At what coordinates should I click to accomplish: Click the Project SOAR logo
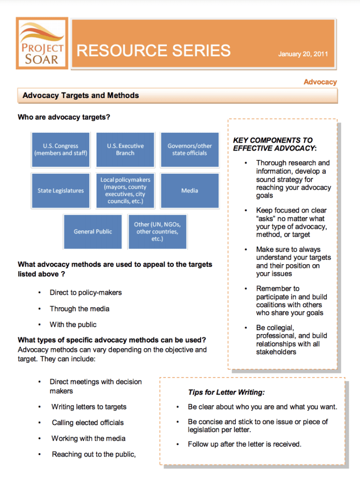(x=42, y=44)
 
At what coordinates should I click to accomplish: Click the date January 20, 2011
(x=303, y=54)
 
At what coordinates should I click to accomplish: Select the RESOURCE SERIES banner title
(x=154, y=50)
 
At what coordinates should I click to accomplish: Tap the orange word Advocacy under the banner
(x=320, y=82)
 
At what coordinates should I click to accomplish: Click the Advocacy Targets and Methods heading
(x=81, y=95)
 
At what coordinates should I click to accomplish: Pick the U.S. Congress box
(x=60, y=150)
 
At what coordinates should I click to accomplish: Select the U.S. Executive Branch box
(x=125, y=150)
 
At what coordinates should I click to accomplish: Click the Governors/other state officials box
(x=189, y=150)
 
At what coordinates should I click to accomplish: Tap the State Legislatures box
(x=60, y=190)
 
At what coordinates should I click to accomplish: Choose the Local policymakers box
(x=125, y=190)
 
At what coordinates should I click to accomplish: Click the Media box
(x=189, y=190)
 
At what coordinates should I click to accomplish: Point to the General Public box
(x=93, y=231)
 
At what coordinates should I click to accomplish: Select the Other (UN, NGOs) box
(x=157, y=231)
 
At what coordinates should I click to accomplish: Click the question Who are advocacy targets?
(x=64, y=117)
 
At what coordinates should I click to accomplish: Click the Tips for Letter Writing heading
(x=226, y=392)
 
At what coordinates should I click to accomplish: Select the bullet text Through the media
(x=79, y=308)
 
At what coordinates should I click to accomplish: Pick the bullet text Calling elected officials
(x=88, y=422)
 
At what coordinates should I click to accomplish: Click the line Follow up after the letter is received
(x=244, y=444)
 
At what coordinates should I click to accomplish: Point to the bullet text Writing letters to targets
(x=89, y=407)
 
